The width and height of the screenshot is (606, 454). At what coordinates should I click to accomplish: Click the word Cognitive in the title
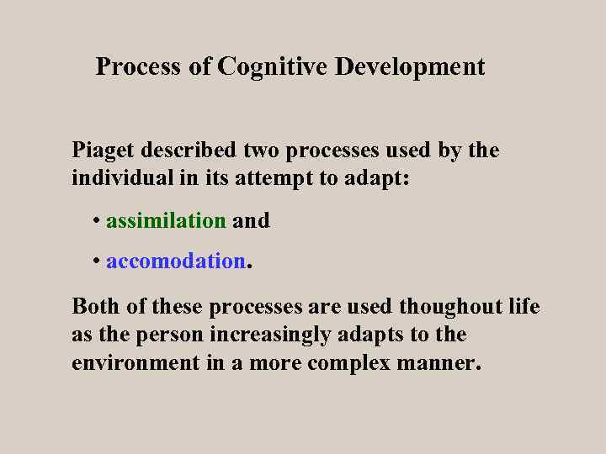pyautogui.click(x=273, y=66)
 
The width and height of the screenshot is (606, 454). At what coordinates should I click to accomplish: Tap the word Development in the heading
pyautogui.click(x=410, y=66)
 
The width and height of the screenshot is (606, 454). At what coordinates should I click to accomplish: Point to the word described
pyautogui.click(x=189, y=151)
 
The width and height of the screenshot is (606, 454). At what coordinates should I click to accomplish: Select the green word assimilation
pyautogui.click(x=166, y=221)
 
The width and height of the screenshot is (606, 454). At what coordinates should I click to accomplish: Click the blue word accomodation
pyautogui.click(x=175, y=261)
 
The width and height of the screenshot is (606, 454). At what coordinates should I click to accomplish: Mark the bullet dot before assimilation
pyautogui.click(x=98, y=222)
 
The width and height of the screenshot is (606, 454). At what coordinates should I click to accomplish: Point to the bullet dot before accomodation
pyautogui.click(x=98, y=262)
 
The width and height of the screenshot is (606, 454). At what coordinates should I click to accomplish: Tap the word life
pyautogui.click(x=524, y=307)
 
